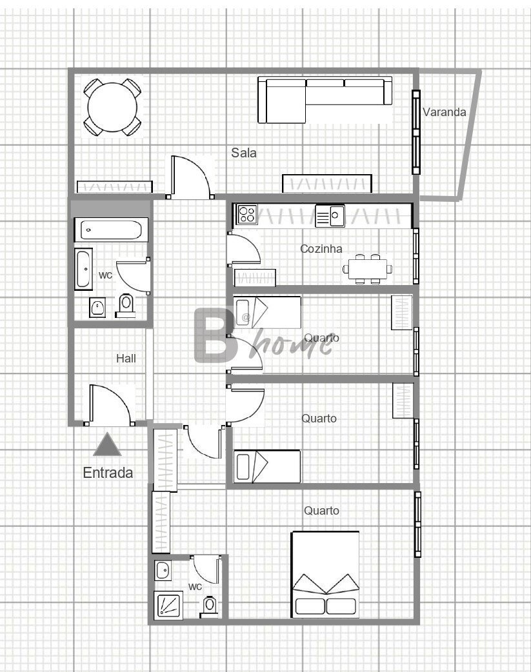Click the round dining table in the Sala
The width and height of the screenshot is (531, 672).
[112, 107]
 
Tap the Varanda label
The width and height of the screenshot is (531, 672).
[445, 112]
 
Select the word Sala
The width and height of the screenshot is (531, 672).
[244, 153]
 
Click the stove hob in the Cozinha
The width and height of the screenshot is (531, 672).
[247, 214]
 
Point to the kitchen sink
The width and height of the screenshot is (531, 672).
[330, 215]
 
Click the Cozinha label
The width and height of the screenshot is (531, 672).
[321, 248]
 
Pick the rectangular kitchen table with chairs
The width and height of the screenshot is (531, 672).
[368, 269]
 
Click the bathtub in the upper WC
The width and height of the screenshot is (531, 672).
[111, 230]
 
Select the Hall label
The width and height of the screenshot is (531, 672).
[126, 359]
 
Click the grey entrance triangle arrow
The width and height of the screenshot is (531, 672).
[107, 444]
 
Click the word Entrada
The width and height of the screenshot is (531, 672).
[108, 473]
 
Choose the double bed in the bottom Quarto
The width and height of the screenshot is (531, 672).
[325, 575]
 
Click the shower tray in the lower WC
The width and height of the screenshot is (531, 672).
[168, 604]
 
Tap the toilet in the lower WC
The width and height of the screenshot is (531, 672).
[210, 606]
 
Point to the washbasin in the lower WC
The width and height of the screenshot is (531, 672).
[163, 571]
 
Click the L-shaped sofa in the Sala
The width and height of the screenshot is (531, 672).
[325, 100]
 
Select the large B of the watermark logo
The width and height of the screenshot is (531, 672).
[214, 335]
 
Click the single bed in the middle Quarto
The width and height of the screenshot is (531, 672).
[266, 466]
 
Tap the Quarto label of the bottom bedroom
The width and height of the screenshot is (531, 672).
[321, 510]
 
